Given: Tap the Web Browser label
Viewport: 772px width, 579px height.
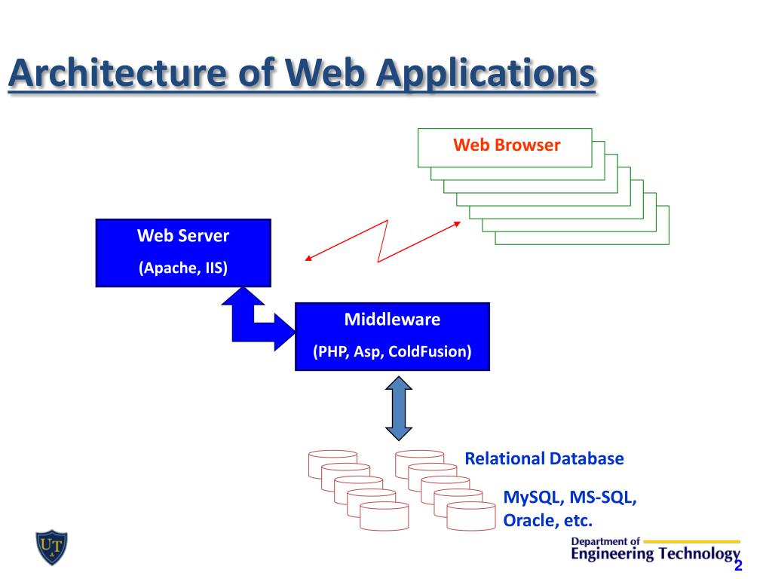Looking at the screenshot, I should point(506,146).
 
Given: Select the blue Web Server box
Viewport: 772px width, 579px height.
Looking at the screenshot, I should point(183,253).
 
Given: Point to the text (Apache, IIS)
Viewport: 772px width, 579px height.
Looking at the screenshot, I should point(183,268).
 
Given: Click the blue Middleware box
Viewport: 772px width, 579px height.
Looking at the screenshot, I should point(392,336).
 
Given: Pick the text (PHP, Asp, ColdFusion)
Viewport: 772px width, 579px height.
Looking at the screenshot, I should point(392,352).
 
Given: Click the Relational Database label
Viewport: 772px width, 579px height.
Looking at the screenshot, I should point(544,458).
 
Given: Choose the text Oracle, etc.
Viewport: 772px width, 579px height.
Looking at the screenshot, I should point(548,520).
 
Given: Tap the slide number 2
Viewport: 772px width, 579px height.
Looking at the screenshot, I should point(738,566).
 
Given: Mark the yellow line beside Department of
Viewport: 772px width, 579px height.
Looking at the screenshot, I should point(691,541).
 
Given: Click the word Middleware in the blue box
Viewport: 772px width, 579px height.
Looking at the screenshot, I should point(392,320).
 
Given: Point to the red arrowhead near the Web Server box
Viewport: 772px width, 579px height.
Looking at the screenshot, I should point(308,259).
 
